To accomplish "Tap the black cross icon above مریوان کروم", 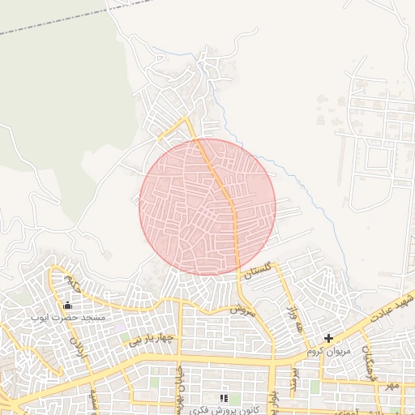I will pos(328,338).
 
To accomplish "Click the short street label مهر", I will pos(393,385).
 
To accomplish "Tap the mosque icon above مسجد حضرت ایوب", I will pos(67,305).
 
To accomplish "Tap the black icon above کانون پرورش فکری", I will pos(224,397).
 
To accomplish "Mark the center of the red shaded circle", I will pos(207,207).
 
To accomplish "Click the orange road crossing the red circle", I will pos(225,195).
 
